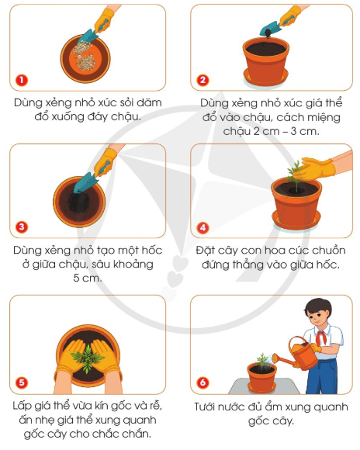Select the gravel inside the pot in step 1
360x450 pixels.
coord(85,54)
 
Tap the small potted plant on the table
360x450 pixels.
coord(262,372)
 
